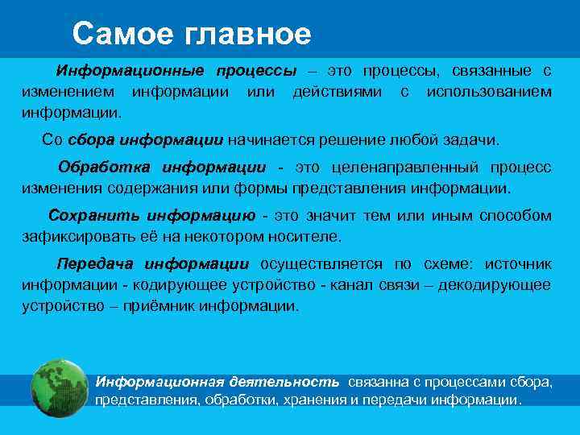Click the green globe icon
pos(59,389)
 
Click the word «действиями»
pos(338,92)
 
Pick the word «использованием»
pos(489,92)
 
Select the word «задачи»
pos(473,139)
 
